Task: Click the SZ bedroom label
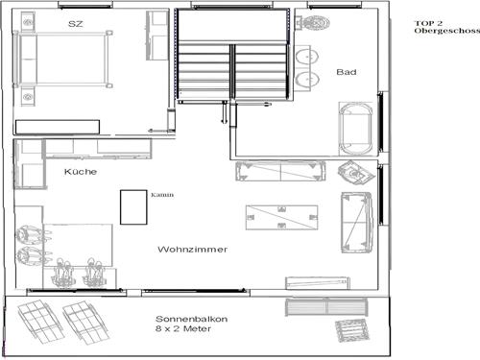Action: pos(76,22)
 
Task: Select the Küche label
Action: pos(81,172)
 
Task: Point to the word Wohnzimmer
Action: pos(192,250)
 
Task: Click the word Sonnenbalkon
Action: pos(192,319)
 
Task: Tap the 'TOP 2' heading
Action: pos(428,22)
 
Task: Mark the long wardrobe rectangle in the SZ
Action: pos(58,127)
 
